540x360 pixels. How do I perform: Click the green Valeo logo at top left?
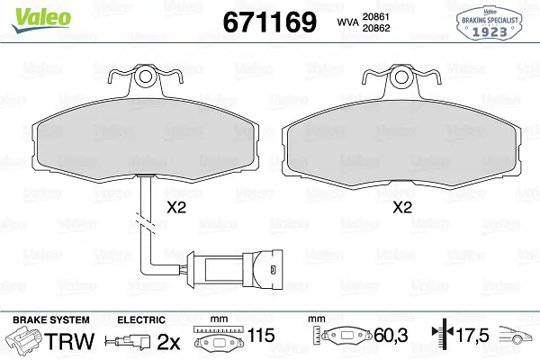tap(41, 20)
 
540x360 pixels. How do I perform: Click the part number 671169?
tap(270, 22)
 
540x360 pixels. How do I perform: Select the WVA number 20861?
tap(375, 16)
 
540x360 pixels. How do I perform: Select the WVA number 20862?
tap(376, 28)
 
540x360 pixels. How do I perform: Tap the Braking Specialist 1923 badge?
tap(490, 23)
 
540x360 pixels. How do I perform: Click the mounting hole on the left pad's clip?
tap(145, 76)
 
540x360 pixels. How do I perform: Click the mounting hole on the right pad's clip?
tap(402, 76)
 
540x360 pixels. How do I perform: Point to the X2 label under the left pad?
tap(176, 207)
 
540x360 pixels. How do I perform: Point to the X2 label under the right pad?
tap(402, 207)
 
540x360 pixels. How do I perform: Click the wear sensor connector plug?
tap(235, 268)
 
